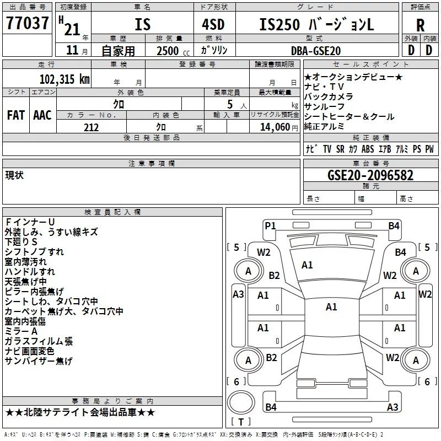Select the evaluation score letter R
click(x=420, y=25)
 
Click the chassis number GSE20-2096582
click(x=370, y=176)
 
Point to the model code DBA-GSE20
click(x=316, y=50)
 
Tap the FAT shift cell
click(x=15, y=115)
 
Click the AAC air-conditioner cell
click(x=42, y=115)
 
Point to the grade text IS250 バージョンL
click(x=316, y=25)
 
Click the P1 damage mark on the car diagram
click(x=270, y=225)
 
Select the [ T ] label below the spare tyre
click(x=241, y=422)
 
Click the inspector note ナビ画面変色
click(x=30, y=351)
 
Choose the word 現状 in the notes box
click(x=14, y=175)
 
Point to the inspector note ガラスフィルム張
click(x=39, y=341)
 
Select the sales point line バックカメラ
click(x=329, y=96)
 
